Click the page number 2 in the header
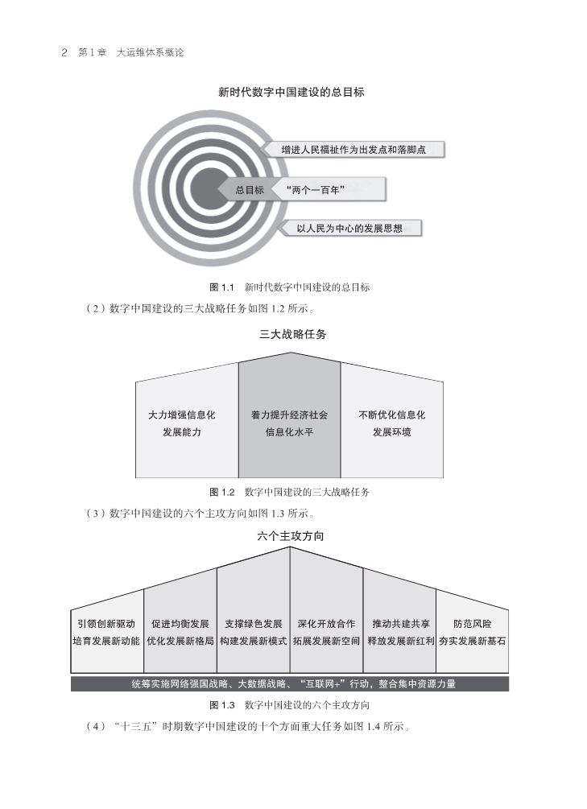coord(64,52)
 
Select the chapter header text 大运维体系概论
coord(151,52)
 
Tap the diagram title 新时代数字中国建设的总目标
coord(291,93)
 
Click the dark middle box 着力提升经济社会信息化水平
coord(289,423)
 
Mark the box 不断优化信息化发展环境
coord(391,423)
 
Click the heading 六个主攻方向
coord(291,535)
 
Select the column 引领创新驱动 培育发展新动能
coord(106,632)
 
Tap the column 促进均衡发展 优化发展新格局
coord(180,632)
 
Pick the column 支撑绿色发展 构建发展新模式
coord(253,632)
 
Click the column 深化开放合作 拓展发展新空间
coord(326,632)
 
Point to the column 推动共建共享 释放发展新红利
coord(400,632)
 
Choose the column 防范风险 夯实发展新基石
coord(473,632)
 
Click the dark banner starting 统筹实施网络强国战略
coord(290,684)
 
